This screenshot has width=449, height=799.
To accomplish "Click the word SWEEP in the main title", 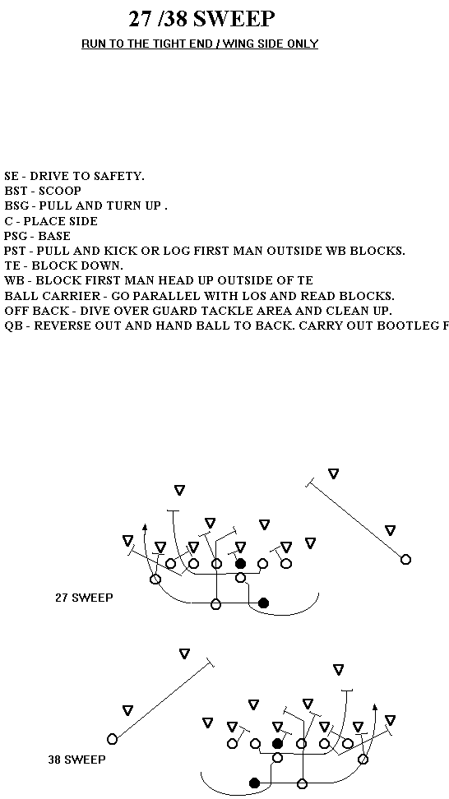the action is point(234,20).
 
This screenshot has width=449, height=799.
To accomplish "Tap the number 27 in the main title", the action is point(140,20).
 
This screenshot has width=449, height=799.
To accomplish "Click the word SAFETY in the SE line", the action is point(119,176).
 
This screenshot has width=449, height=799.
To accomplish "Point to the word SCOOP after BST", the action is point(60,191).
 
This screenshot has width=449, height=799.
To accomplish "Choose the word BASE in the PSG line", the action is point(54,236).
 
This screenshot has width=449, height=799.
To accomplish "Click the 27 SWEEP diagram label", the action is point(84,598).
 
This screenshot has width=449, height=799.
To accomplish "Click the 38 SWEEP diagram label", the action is point(77,760).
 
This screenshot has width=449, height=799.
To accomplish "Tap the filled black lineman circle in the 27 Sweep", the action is point(241,564).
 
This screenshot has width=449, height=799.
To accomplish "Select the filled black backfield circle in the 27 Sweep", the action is point(263,603).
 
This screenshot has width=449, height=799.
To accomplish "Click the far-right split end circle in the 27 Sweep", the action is point(405,560).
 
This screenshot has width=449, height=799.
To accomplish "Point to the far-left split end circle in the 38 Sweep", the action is point(112,739).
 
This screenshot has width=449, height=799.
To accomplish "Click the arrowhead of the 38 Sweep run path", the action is point(375,707).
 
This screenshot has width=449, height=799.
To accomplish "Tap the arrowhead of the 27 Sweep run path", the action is point(145,528).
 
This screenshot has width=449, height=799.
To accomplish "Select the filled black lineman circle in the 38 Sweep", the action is point(277,743).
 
